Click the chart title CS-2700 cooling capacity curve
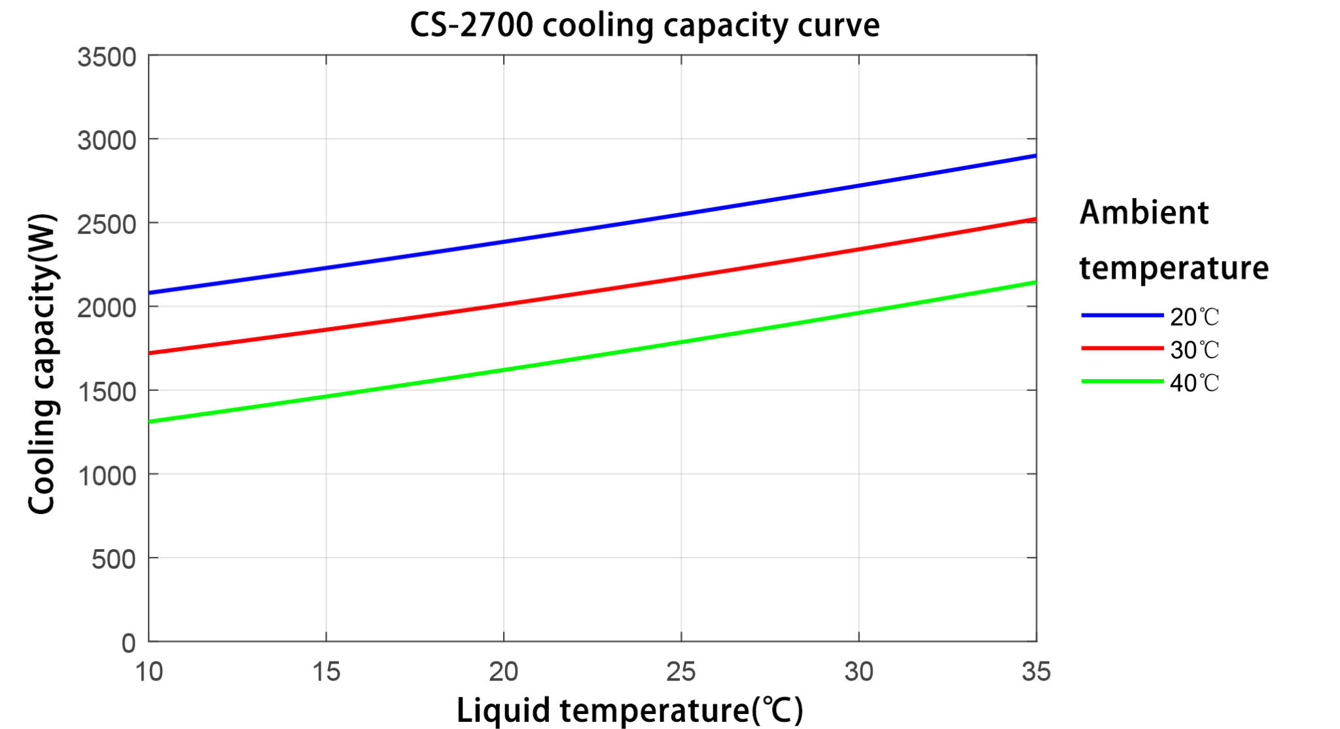644,25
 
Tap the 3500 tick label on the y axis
107,58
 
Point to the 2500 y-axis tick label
107,225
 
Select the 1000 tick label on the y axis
107,476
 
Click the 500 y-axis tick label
113,560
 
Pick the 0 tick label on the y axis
128,643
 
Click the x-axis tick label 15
326,672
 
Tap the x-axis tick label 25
681,672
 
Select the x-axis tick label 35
1036,672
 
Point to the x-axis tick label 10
149,672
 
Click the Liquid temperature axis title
629,711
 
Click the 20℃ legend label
1194,317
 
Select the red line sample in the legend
1121,348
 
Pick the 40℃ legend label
1194,383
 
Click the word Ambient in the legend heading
1144,212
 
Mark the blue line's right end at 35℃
1035,156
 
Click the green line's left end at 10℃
150,422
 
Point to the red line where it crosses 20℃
504,304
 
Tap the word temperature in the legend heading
1173,268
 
